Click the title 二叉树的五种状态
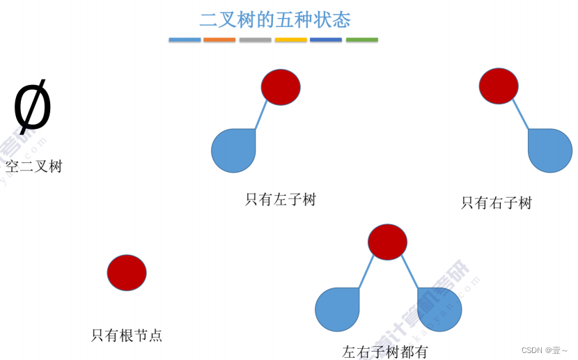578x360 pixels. coord(274,19)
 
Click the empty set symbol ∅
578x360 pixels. coord(32,107)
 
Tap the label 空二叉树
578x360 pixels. coord(34,166)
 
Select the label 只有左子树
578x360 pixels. coord(281,200)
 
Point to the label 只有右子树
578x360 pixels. coord(497,203)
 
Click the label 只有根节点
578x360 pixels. coord(127,335)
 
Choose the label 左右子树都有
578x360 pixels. coord(385,352)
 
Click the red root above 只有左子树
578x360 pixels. coord(281,87)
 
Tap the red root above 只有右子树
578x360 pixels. coord(499,86)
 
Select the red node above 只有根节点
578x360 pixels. coord(127,272)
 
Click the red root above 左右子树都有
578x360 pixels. coord(387,242)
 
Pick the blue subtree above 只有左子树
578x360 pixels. coord(234,150)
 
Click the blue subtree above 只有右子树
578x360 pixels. coord(549,150)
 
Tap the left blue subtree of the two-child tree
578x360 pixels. coord(337,309)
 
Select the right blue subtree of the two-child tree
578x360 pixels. coord(439,309)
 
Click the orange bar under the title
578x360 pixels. coord(219,40)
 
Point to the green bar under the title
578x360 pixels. coord(362,40)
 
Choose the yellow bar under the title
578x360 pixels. coord(291,40)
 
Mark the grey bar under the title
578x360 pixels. coord(255,40)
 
